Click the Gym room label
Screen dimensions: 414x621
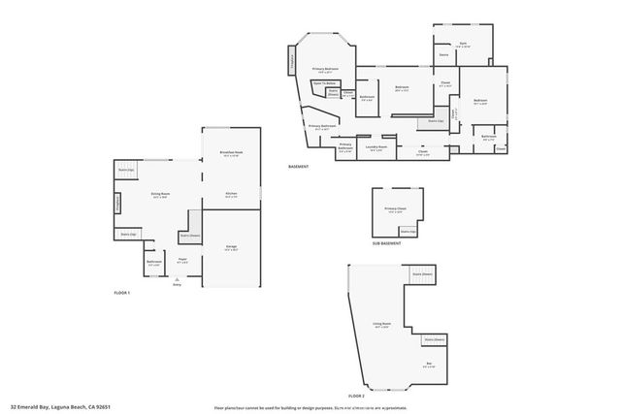point(463,45)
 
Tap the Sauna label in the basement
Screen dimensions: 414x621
point(443,55)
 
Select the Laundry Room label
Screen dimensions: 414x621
point(376,146)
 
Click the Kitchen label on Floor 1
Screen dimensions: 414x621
point(232,195)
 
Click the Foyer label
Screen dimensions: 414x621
point(182,260)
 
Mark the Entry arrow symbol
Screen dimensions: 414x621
point(177,278)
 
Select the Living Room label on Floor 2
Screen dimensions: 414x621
point(381,324)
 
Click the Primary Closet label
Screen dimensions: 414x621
point(395,209)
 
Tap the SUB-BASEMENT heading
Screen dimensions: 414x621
point(386,243)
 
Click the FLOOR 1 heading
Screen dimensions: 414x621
point(122,292)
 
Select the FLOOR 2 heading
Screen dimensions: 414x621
point(356,396)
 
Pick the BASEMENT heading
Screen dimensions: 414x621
point(299,167)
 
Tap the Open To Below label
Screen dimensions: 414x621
point(324,83)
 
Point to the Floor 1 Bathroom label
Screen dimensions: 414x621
point(153,262)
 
